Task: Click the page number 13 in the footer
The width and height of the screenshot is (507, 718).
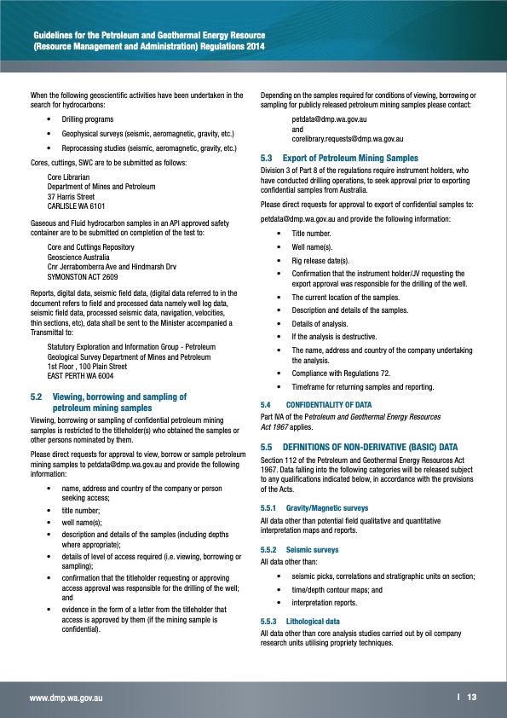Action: point(471,697)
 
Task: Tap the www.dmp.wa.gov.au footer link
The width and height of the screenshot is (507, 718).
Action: point(67,698)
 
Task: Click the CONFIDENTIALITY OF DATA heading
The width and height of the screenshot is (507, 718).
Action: point(329,403)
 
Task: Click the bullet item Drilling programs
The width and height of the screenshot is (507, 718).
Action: point(88,119)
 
